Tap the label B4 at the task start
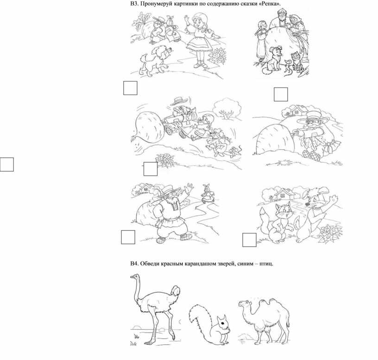[x=134, y=263]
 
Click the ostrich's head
[x=135, y=277]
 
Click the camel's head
[x=244, y=304]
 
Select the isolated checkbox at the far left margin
[x=7, y=164]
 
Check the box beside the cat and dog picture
[x=249, y=240]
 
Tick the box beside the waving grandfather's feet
[x=128, y=237]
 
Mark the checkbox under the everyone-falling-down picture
[x=151, y=169]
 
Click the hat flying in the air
[x=180, y=101]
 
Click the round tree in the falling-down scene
[x=227, y=108]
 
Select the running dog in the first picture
[x=155, y=61]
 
